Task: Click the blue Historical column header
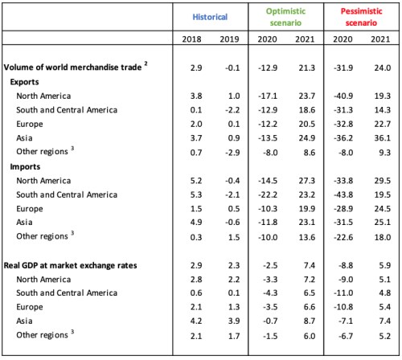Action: [x=211, y=16]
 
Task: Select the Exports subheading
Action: [x=26, y=83]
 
